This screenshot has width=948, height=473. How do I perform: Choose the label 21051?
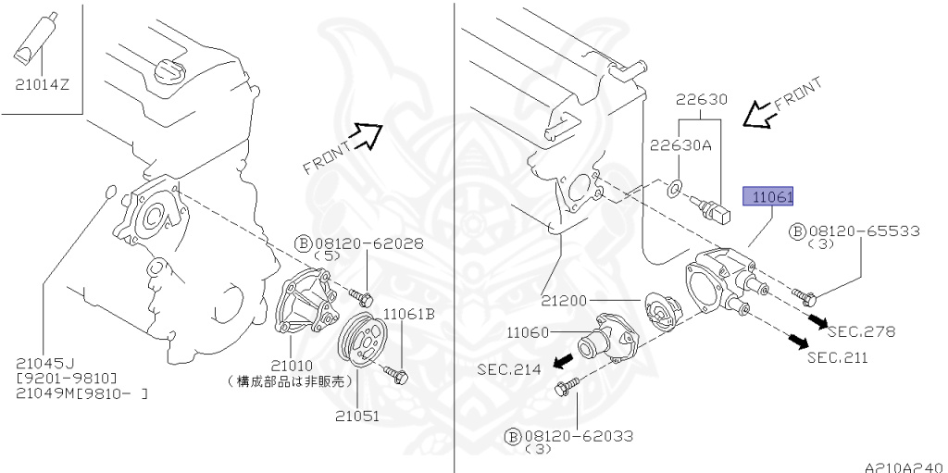tap(357, 417)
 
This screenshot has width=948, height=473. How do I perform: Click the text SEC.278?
tap(861, 330)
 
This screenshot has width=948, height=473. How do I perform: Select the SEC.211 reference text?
tap(838, 357)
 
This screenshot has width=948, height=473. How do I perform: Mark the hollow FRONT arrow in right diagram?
tap(762, 115)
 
